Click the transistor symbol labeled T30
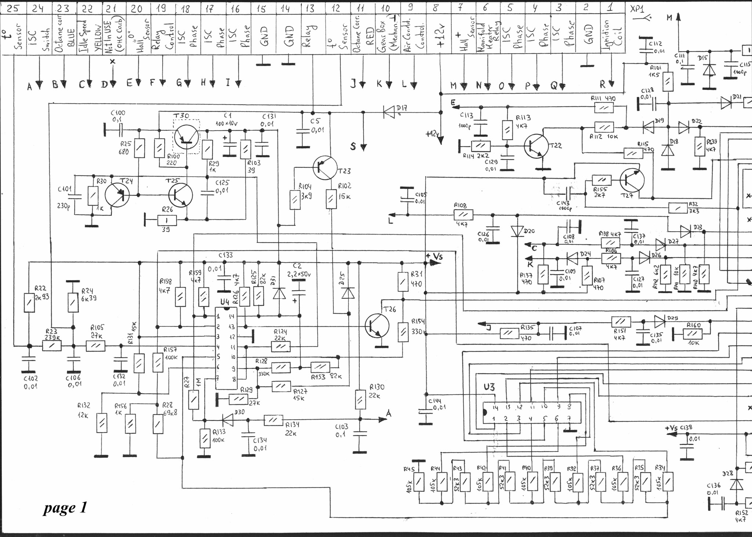click(187, 137)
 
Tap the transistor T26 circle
click(377, 325)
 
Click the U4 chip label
click(224, 302)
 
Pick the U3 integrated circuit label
click(489, 387)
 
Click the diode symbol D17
click(389, 112)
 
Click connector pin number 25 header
click(13, 8)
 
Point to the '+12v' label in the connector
click(441, 35)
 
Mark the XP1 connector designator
click(637, 9)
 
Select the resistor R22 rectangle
click(29, 303)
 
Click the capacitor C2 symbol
click(298, 292)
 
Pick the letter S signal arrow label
click(353, 146)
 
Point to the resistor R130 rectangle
click(361, 400)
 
